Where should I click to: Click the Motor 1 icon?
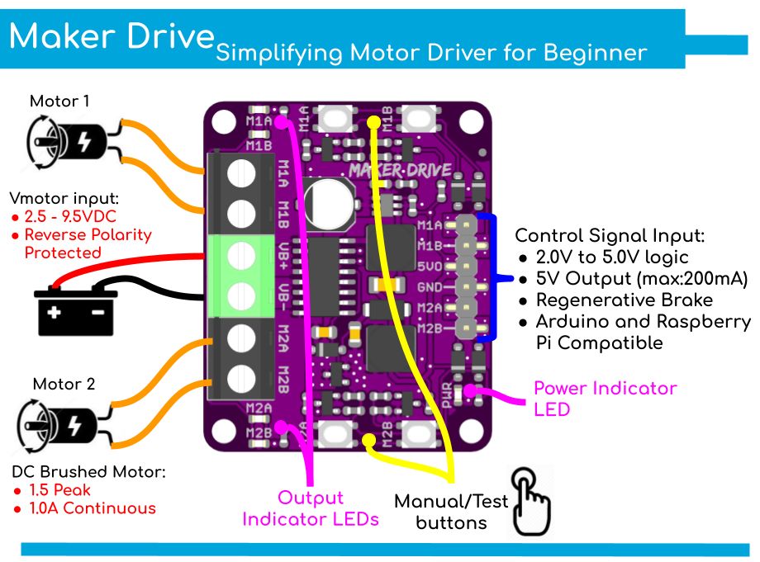pos(65,140)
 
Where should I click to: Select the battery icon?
pos(75,306)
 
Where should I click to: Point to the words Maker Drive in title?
pos(111,36)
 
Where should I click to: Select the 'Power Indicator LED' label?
pos(605,398)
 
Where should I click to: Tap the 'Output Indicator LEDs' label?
pos(310,508)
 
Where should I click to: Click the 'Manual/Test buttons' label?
pos(451,512)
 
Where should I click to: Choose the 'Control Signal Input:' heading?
pos(610,235)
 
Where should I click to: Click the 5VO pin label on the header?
pos(430,266)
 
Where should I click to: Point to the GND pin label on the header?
pos(430,287)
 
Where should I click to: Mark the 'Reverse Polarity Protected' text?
pos(88,243)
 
